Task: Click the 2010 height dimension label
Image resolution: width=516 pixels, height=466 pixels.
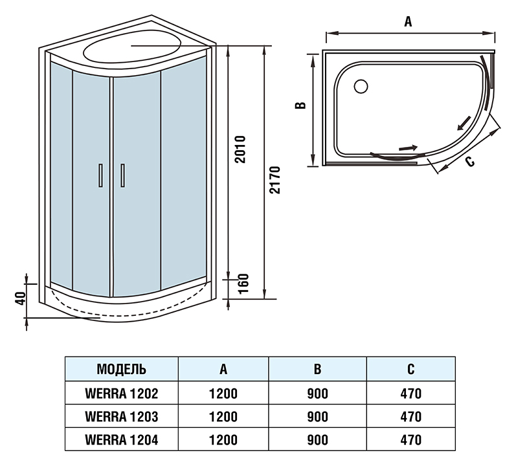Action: tap(241, 150)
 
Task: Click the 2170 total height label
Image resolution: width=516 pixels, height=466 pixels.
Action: tap(275, 180)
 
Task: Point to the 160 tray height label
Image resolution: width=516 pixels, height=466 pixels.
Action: tap(243, 284)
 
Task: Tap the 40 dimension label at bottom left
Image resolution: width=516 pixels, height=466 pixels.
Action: tap(21, 298)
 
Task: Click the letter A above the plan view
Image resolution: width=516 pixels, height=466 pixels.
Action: tap(408, 22)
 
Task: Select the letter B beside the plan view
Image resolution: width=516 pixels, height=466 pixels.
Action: tap(300, 105)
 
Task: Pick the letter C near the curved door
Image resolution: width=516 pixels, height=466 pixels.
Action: tap(470, 161)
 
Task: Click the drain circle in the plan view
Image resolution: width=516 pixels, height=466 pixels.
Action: tap(361, 87)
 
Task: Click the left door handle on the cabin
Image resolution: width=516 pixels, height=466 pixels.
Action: tap(101, 175)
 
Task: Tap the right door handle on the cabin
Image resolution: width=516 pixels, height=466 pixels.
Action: tap(123, 175)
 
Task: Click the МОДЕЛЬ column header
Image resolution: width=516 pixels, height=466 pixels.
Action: tap(122, 369)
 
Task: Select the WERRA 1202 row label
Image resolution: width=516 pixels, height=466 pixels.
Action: tap(122, 394)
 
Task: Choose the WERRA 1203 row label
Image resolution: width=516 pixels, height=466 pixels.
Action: tap(122, 417)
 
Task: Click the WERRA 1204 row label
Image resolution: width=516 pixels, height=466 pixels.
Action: tap(122, 439)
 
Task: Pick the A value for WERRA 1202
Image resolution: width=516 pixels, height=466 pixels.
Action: tap(223, 394)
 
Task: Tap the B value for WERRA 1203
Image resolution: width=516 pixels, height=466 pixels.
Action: tap(318, 417)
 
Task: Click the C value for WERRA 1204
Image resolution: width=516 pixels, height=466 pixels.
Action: tap(411, 439)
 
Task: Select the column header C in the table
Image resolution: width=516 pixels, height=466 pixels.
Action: tap(411, 369)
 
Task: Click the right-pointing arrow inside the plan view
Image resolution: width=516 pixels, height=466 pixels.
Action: tap(408, 148)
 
